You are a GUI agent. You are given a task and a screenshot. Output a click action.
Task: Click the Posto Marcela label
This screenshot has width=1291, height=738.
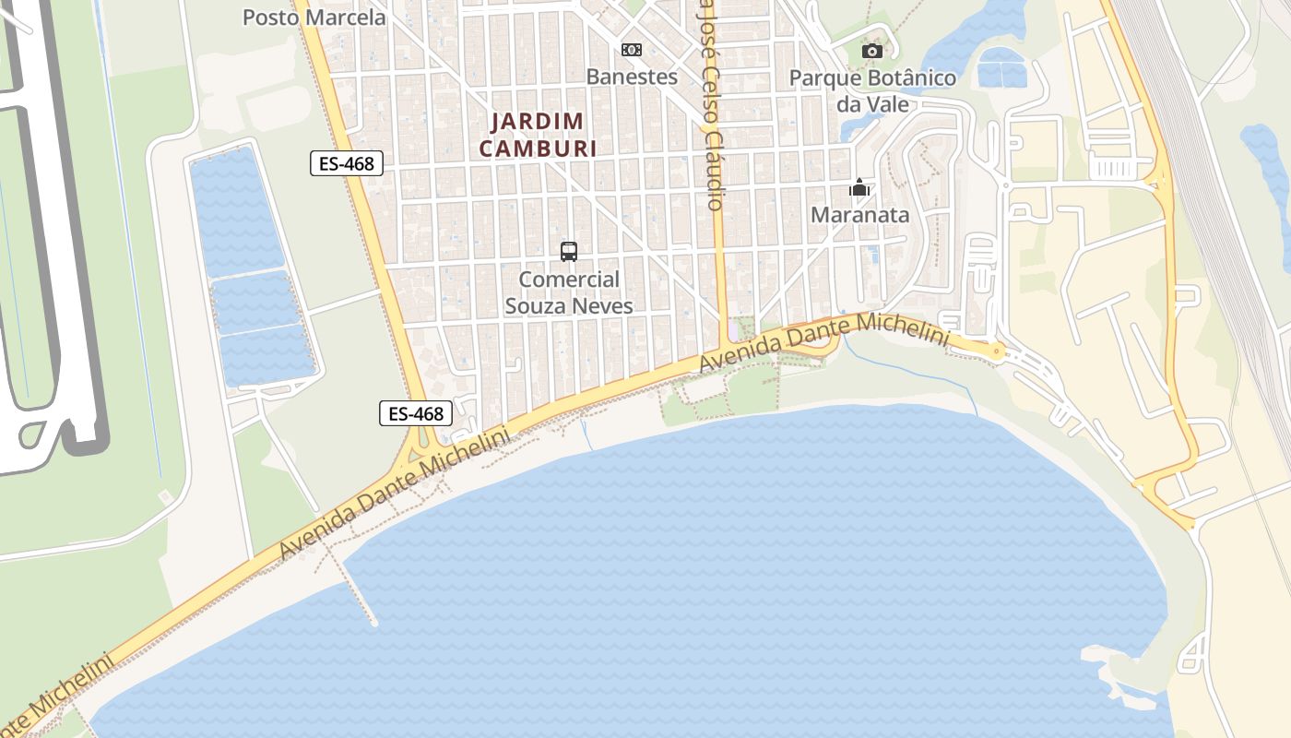pos(314,17)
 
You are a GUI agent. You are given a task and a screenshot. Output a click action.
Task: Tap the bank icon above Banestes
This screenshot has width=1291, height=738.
pos(632,50)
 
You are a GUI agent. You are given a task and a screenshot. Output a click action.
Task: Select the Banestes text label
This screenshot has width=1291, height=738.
pos(632,77)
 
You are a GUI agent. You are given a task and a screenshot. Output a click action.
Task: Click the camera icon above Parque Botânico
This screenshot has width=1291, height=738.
pos(872,51)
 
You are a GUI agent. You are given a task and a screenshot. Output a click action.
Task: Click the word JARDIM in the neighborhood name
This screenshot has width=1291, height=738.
pos(537,121)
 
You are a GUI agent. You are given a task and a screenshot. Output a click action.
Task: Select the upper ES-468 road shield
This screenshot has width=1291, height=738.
pos(346,164)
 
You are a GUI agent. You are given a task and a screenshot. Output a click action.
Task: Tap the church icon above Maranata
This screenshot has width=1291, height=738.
pos(859,188)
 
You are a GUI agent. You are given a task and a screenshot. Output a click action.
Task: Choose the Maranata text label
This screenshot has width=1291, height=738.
pos(859,215)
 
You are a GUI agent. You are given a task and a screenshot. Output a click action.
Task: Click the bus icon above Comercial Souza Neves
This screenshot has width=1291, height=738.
pos(569,251)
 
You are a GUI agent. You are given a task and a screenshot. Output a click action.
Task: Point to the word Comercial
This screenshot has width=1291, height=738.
pos(569,280)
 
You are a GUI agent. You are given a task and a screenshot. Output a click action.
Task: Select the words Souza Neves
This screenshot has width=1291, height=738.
pos(569,305)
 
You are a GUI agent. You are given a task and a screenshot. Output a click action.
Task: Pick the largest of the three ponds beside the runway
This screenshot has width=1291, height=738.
pos(236,210)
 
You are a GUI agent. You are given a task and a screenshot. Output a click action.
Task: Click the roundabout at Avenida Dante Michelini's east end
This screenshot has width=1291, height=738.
pos(996,351)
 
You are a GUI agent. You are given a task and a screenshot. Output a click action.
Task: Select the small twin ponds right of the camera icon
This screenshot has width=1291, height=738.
pos(1001,67)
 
